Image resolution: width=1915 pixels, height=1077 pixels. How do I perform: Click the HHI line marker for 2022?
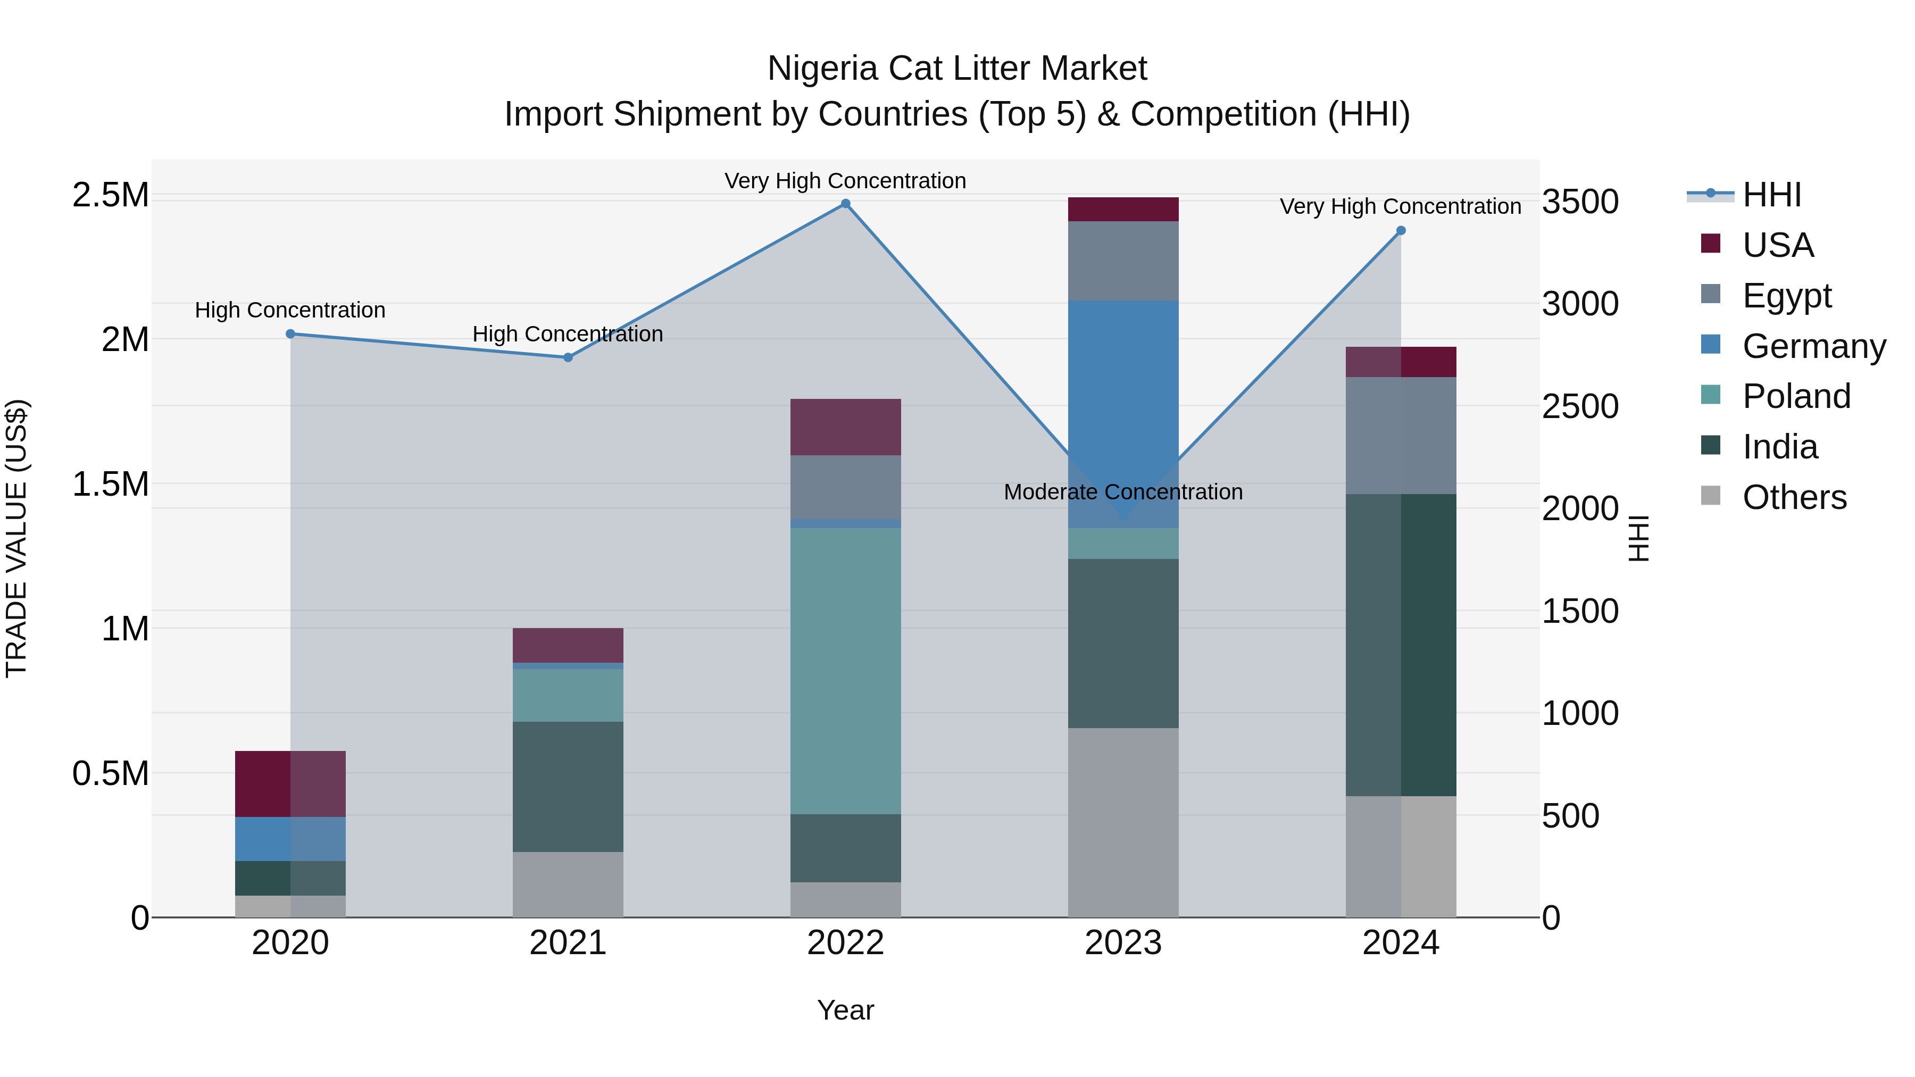pyautogui.click(x=845, y=204)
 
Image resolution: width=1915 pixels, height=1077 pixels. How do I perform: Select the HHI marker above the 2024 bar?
pyautogui.click(x=1401, y=230)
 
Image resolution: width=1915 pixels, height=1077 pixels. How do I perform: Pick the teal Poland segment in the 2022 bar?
pyautogui.click(x=845, y=669)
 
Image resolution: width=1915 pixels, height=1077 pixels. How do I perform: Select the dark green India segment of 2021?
pyautogui.click(x=568, y=787)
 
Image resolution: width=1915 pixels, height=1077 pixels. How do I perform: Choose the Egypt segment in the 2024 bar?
pyautogui.click(x=1401, y=435)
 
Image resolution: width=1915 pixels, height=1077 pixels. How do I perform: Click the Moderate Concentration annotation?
pyautogui.click(x=1122, y=492)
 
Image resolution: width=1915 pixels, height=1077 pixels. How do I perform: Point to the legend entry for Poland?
pyautogui.click(x=1795, y=396)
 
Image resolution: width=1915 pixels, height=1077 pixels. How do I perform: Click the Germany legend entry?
pyautogui.click(x=1813, y=346)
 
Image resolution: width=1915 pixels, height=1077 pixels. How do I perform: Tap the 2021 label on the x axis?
pyautogui.click(x=568, y=942)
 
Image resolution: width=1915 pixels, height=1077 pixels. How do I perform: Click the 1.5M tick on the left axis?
pyautogui.click(x=111, y=484)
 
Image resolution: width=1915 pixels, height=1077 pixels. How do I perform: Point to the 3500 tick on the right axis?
pyautogui.click(x=1580, y=202)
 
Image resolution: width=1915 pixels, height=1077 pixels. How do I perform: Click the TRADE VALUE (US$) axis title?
pyautogui.click(x=17, y=538)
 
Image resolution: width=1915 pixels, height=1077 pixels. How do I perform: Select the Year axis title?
pyautogui.click(x=845, y=1010)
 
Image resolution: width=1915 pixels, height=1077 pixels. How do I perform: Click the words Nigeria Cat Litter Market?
pyautogui.click(x=957, y=69)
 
